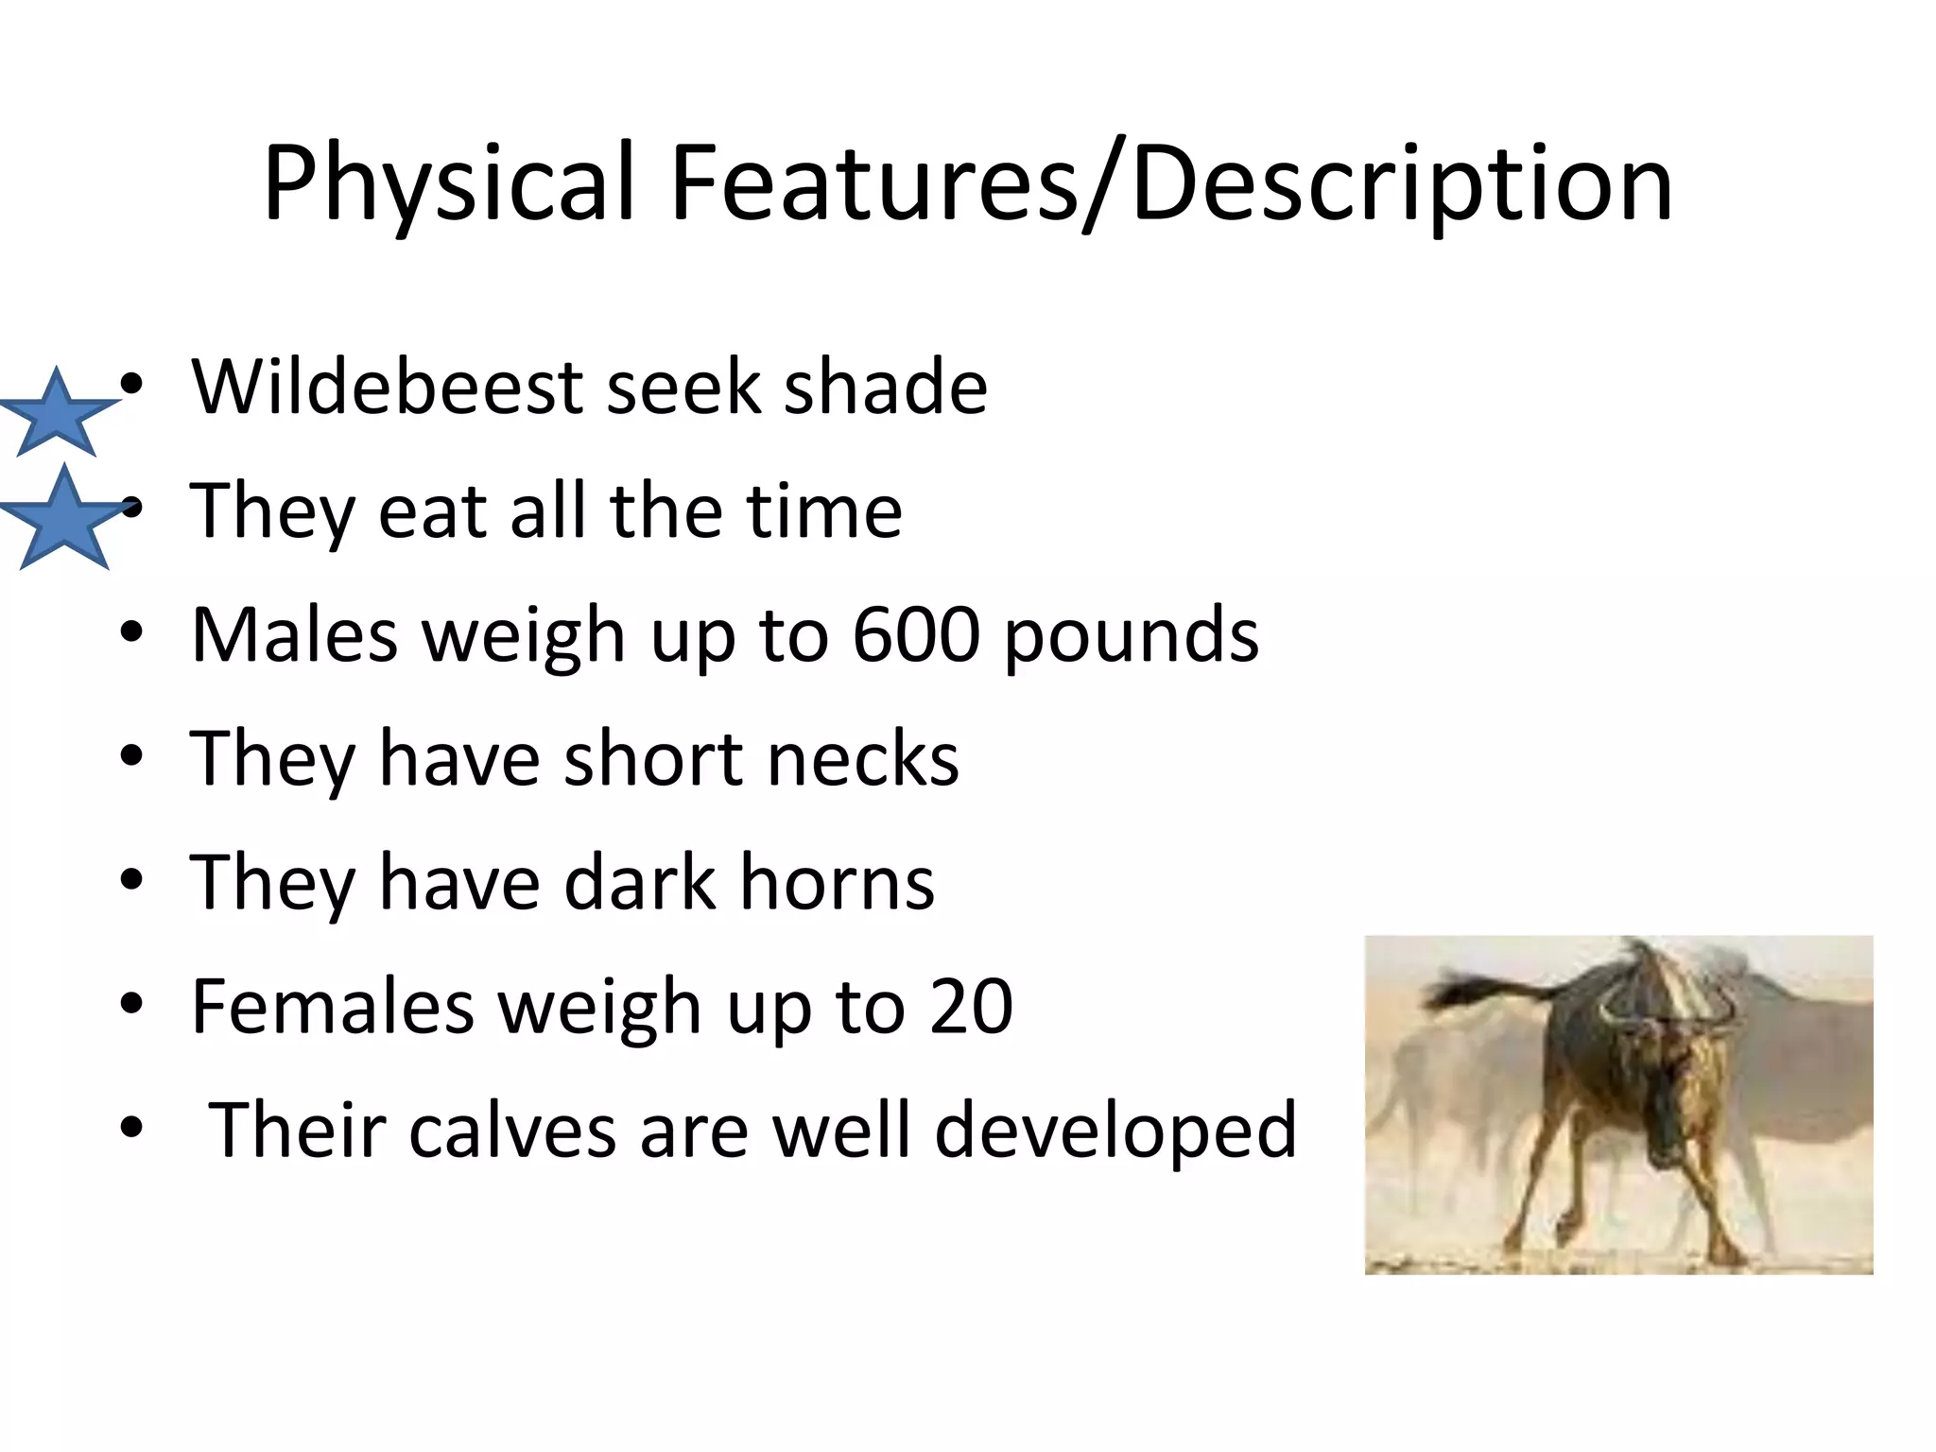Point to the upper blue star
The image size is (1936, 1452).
58,415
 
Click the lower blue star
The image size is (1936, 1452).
63,521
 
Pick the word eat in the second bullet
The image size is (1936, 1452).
431,511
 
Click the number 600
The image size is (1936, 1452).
916,634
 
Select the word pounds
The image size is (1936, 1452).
1132,636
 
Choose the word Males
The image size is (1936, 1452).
294,634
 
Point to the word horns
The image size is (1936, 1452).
837,882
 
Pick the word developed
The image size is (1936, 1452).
1115,1132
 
